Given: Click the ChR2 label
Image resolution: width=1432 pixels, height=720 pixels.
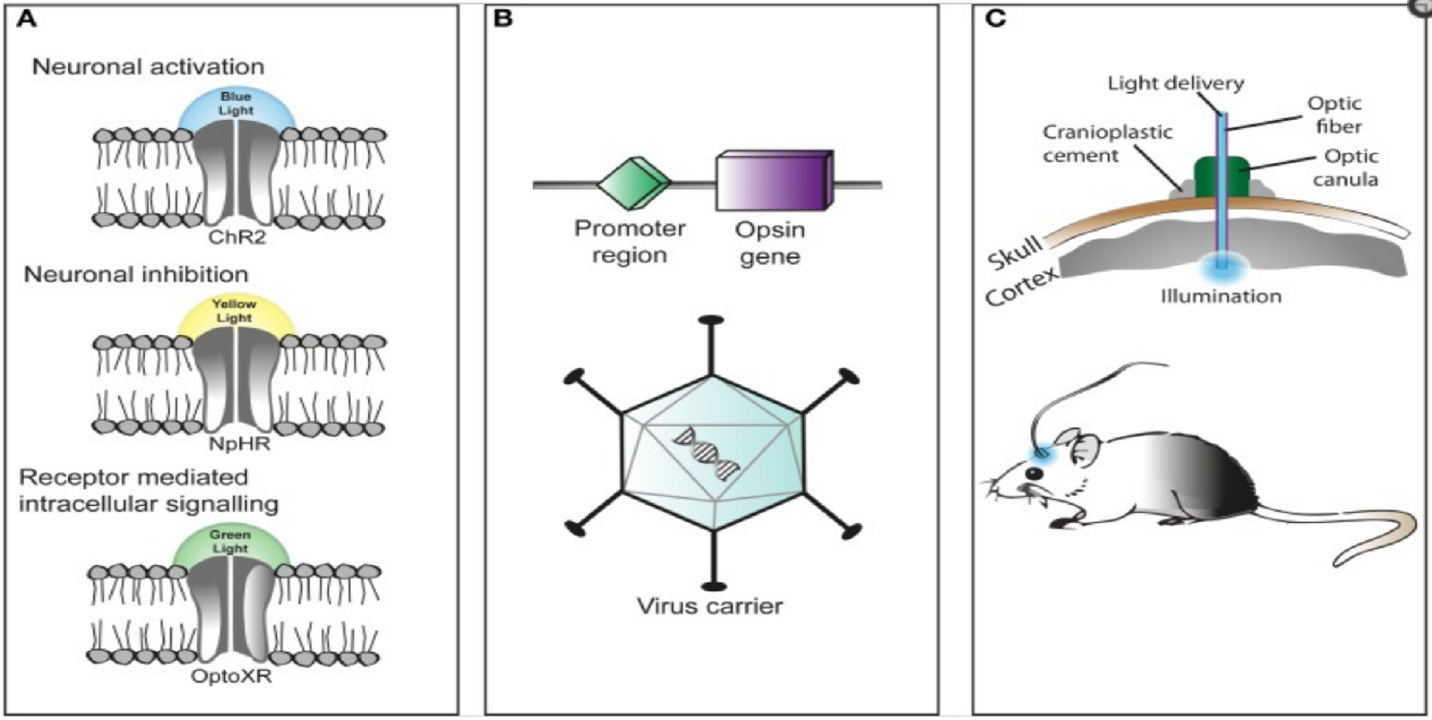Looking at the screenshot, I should tap(237, 238).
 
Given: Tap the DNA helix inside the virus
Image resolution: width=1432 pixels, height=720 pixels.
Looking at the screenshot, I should tap(707, 452).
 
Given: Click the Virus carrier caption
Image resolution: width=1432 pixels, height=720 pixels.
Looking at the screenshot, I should tap(709, 606).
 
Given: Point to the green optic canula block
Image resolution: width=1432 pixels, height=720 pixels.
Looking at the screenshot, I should tap(1220, 178).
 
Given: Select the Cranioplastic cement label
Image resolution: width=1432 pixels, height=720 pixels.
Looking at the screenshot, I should tap(1107, 143).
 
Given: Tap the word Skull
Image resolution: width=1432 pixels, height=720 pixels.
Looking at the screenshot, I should tap(1014, 252).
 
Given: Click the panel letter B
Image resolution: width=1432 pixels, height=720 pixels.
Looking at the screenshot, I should tap(503, 18).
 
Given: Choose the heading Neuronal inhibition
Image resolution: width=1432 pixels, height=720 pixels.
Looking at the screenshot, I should tap(135, 274).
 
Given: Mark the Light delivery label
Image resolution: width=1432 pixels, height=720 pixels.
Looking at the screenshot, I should tap(1175, 83).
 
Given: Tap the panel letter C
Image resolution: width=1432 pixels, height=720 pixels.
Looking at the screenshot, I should tap(995, 18).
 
